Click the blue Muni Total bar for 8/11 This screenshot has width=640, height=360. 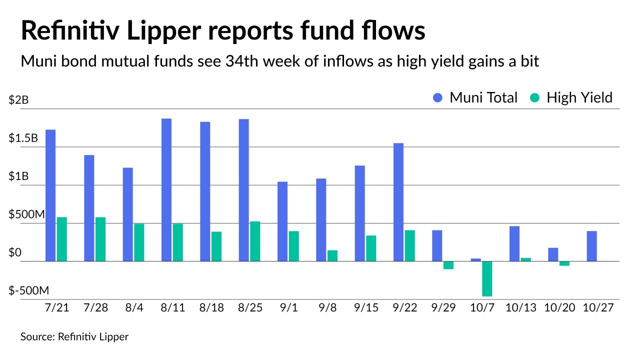(x=166, y=189)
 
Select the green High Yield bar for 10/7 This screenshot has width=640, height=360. (x=487, y=278)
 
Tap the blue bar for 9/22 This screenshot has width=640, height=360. (x=398, y=202)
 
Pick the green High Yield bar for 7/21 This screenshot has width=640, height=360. (x=61, y=239)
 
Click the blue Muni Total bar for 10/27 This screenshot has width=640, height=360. (x=591, y=246)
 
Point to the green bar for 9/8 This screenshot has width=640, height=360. (x=332, y=255)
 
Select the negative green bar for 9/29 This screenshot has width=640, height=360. (x=448, y=265)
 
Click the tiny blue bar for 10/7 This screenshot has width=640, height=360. (x=476, y=259)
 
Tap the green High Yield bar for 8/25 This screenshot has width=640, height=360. (x=255, y=241)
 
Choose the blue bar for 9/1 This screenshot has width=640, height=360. (x=282, y=221)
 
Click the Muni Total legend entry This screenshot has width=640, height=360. (x=475, y=97)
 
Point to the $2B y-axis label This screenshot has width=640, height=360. (x=19, y=100)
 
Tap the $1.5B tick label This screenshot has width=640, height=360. (x=23, y=138)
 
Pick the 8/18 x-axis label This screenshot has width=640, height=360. (x=210, y=308)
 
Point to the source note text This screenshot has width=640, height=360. (x=74, y=337)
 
